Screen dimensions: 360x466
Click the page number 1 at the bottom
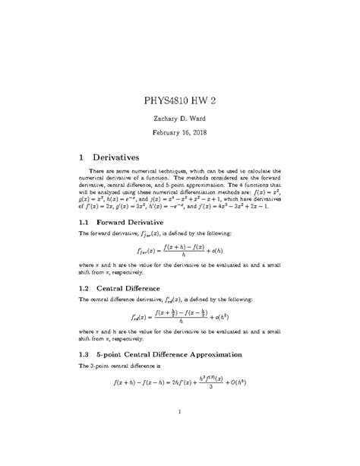point(179,414)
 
